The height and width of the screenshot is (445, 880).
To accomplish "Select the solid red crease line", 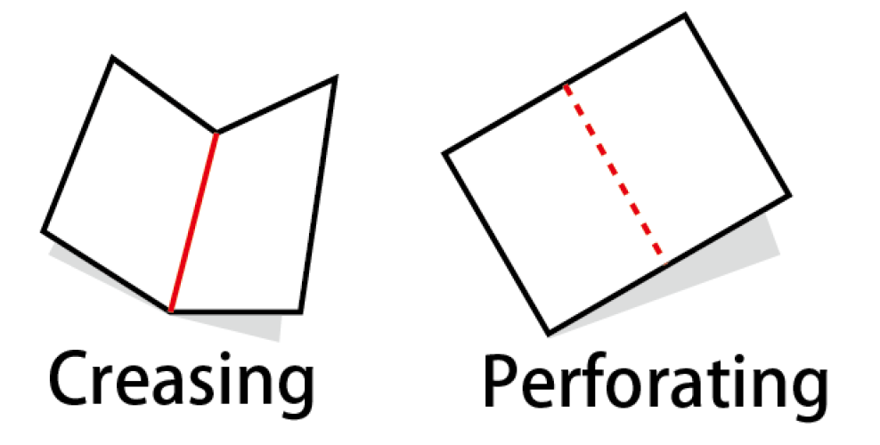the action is click(193, 222).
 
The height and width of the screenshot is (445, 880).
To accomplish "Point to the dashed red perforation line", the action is click(615, 174).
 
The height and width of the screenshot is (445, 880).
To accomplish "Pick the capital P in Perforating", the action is click(501, 382).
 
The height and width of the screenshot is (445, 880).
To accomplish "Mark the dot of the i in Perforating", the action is click(739, 360).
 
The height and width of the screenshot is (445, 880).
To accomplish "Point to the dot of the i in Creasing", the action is click(225, 357).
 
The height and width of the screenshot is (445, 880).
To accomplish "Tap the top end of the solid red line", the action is click(216, 133).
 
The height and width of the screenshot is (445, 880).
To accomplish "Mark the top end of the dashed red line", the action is click(566, 85).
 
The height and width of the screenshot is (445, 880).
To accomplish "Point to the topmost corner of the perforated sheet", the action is click(685, 16).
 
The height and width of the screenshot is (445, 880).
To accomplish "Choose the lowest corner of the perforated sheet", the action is click(549, 334).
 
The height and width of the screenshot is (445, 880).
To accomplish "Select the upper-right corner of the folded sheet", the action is click(335, 78).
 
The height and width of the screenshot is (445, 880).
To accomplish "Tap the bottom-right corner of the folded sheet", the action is click(301, 311).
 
